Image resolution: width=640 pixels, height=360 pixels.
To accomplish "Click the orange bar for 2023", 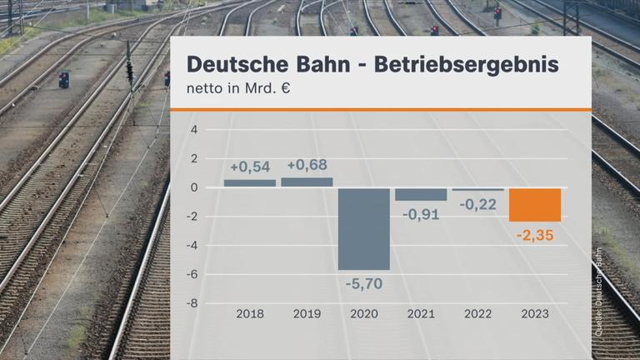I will click(x=535, y=204).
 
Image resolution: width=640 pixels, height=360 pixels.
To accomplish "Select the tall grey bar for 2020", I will click(x=364, y=228).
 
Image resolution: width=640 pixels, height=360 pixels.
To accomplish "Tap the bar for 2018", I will click(x=250, y=183).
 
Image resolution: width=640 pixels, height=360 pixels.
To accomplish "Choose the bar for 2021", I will click(x=421, y=194).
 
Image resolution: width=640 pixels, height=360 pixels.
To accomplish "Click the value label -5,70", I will click(x=364, y=283).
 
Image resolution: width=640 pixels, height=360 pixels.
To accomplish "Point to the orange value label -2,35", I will click(x=535, y=236).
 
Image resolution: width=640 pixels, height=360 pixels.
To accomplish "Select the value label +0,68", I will click(x=307, y=165).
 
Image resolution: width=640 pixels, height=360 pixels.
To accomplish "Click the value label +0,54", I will click(x=250, y=167).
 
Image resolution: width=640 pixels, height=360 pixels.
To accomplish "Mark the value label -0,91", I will click(x=421, y=214).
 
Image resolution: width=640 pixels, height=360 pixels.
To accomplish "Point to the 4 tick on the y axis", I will click(x=194, y=130).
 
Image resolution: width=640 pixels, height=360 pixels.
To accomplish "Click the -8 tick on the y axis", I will click(x=192, y=303).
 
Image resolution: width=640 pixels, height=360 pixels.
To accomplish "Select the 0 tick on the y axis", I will click(x=194, y=187).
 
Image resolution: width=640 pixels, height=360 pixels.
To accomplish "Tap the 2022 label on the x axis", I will click(x=477, y=315).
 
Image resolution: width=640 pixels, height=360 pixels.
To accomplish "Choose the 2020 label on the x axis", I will click(x=364, y=315).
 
